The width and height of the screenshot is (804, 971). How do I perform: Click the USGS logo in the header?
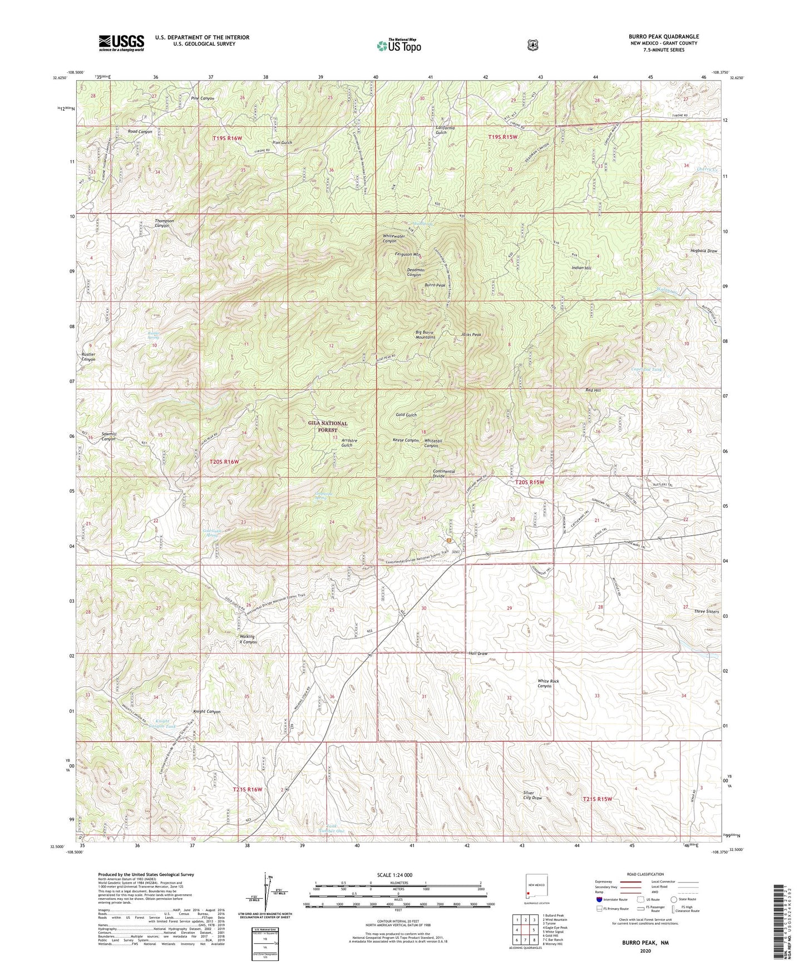click(121, 42)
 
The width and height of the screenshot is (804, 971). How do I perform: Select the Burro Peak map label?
click(435, 285)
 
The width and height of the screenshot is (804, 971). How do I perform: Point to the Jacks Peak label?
click(471, 334)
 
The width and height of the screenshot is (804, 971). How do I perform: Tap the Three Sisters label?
click(707, 611)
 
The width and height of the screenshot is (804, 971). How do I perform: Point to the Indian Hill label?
click(581, 268)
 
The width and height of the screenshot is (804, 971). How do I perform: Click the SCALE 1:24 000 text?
click(397, 875)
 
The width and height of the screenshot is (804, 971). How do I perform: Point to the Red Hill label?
click(593, 390)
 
